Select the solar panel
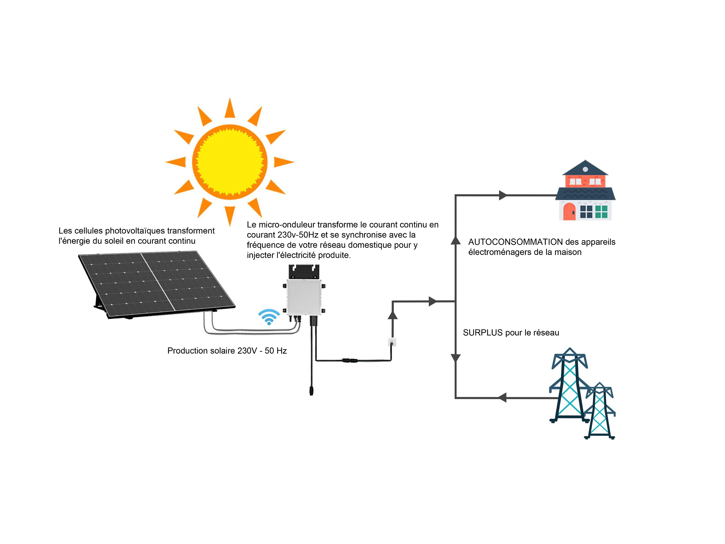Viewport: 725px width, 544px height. click(x=157, y=285)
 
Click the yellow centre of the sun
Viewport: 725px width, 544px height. click(x=230, y=162)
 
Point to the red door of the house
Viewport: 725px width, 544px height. click(x=569, y=211)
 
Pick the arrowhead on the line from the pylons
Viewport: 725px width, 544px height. click(x=502, y=398)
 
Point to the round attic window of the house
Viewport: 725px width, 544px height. click(x=585, y=169)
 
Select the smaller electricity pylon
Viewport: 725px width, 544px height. click(x=599, y=411)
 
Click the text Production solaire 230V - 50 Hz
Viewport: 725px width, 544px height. click(x=227, y=351)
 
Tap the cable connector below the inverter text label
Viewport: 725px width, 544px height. click(x=350, y=360)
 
